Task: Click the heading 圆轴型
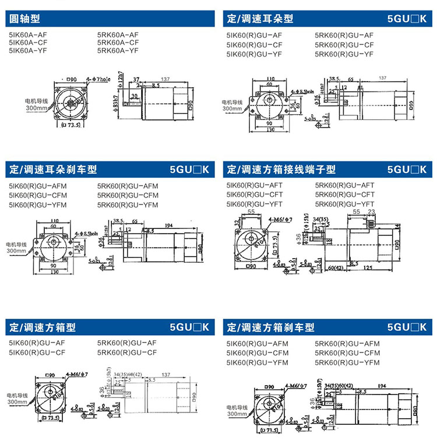23,19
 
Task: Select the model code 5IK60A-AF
28,35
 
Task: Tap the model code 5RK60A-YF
118,51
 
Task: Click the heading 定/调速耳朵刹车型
53,170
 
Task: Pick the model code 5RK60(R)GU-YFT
344,203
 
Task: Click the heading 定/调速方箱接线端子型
281,170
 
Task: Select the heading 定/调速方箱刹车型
270,327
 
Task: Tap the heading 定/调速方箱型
43,327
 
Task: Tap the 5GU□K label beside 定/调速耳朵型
407,19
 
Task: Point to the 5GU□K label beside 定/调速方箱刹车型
407,327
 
